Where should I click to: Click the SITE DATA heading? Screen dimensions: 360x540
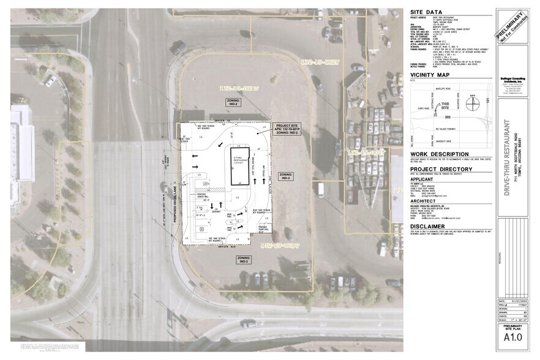pyautogui.click(x=426, y=12)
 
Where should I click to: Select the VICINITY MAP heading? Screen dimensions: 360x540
pyautogui.click(x=430, y=75)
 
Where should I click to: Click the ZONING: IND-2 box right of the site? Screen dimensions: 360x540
pyautogui.click(x=286, y=176)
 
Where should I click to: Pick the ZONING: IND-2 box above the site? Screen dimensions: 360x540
pyautogui.click(x=233, y=102)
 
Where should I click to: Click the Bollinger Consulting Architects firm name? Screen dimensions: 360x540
pyautogui.click(x=513, y=79)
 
